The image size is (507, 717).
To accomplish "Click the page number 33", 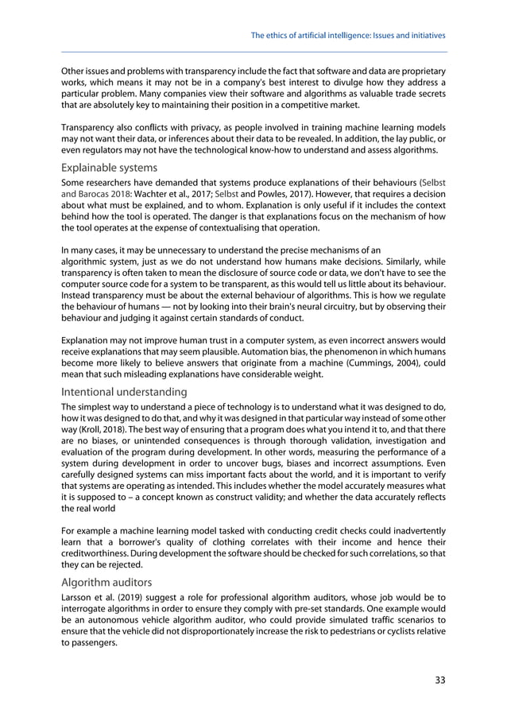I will [439, 679].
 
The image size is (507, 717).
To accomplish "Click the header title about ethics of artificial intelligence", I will [348, 36].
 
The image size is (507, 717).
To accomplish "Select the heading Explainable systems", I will [109, 168].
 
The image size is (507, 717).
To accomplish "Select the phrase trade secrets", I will [415, 94].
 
